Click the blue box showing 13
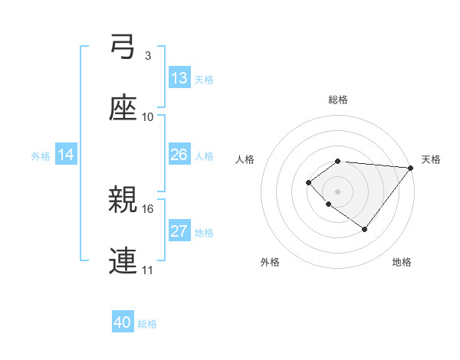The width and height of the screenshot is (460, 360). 179,78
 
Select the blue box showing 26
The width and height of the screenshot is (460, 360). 179,155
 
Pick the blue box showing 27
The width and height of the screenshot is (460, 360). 179,231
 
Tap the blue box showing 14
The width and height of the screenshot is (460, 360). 66,155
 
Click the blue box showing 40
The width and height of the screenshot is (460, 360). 123,323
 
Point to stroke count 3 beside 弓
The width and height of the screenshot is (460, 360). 148,56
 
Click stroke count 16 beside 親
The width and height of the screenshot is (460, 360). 148,208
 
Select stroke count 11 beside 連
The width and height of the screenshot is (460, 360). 148,270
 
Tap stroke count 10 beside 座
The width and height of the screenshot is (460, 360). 148,117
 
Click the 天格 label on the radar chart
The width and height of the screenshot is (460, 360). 431,159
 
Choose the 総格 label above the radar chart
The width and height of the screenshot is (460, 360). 338,100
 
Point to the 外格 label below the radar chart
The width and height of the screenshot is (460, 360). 270,262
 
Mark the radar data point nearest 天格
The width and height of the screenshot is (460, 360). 411,167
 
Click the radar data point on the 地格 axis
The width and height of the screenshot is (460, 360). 365,229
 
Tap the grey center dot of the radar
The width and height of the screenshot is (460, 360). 338,191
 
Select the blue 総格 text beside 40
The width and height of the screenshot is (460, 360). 147,324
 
